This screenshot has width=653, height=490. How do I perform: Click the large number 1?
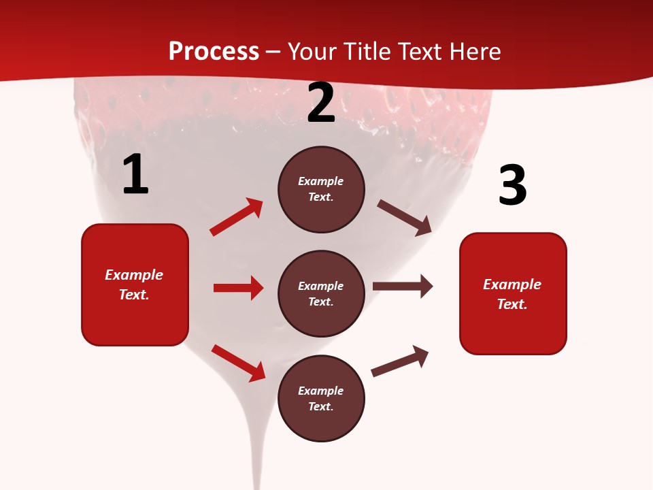coord(135,175)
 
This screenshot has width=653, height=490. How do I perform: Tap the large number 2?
coord(321,103)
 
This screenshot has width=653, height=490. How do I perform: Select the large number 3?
coord(512,185)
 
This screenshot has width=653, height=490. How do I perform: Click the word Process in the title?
coord(214,51)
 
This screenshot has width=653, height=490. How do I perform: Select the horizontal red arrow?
coord(238,288)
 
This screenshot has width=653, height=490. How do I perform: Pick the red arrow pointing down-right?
coord(238,363)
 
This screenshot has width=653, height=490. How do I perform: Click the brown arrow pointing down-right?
coord(404,217)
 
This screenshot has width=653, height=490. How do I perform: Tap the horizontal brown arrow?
coord(402,287)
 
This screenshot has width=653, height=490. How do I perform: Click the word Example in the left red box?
coord(134,275)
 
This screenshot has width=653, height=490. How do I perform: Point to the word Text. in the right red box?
coord(512,304)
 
